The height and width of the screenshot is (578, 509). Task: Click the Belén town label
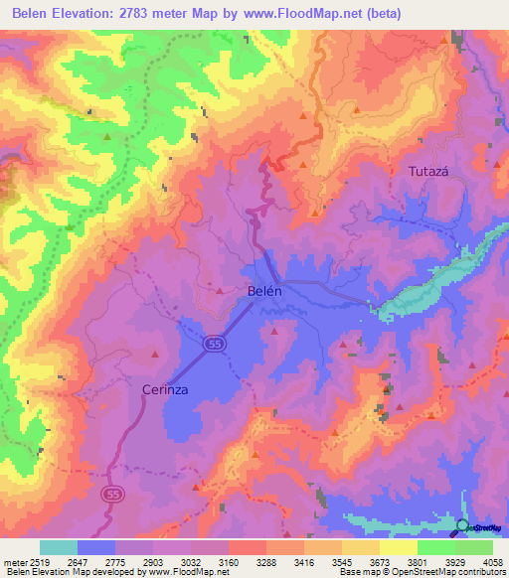pyautogui.click(x=265, y=292)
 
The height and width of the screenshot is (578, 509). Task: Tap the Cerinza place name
pyautogui.click(x=165, y=389)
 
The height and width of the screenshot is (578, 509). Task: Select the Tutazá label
pyautogui.click(x=428, y=171)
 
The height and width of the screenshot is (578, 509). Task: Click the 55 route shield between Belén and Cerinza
pyautogui.click(x=214, y=344)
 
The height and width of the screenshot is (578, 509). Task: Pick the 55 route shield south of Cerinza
pyautogui.click(x=111, y=494)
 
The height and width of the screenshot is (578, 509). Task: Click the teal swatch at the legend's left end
pyautogui.click(x=59, y=547)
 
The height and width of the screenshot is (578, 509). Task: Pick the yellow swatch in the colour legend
pyautogui.click(x=398, y=547)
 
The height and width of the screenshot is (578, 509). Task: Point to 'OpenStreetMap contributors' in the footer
pyautogui.click(x=444, y=572)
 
